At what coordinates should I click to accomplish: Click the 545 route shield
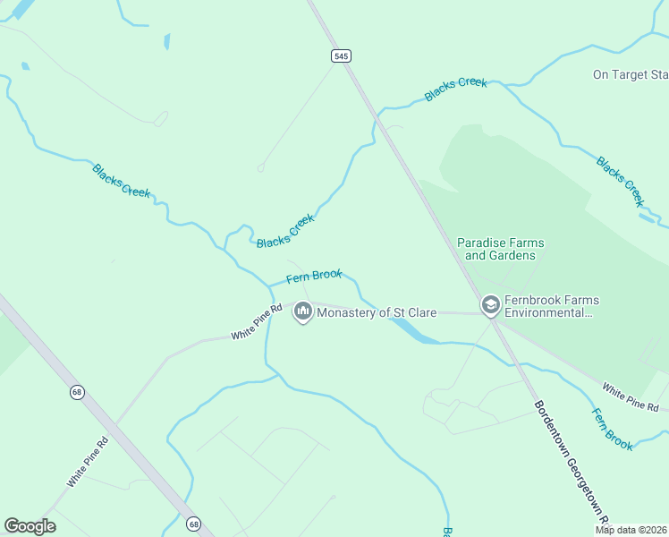340,55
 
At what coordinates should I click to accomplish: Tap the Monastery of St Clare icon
302,312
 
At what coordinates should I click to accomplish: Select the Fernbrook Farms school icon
490,305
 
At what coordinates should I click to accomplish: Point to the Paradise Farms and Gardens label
500,249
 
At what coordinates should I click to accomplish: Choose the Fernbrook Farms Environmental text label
552,306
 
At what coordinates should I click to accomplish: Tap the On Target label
630,74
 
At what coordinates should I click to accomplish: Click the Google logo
30,526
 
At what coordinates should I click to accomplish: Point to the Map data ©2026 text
631,530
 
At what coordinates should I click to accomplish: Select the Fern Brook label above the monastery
314,276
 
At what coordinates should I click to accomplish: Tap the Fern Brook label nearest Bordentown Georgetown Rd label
613,429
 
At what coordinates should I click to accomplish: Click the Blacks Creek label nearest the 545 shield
456,89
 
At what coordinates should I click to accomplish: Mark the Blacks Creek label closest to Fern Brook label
285,231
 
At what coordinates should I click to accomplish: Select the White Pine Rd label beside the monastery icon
257,321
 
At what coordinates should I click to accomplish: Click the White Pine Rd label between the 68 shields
87,462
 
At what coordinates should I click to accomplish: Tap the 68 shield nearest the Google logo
193,524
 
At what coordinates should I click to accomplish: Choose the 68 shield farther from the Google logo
78,392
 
